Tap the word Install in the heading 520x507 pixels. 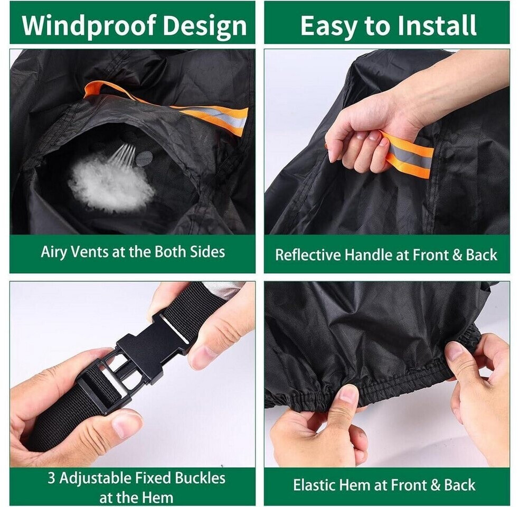437,25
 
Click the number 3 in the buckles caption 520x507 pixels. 51,478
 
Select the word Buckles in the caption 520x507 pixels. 200,478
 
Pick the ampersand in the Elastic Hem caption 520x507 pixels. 436,485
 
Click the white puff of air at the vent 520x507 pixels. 111,184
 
